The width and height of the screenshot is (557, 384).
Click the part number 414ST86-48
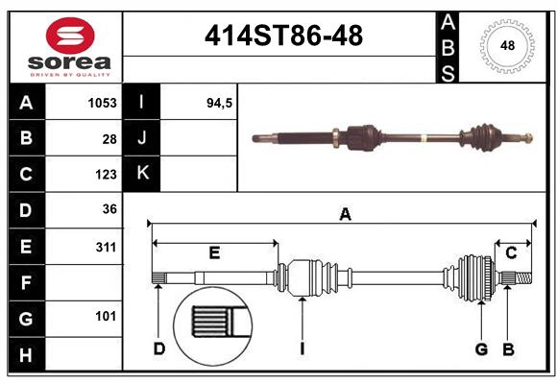283,36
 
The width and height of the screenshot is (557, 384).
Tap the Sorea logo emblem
70,36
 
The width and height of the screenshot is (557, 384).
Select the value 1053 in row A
101,103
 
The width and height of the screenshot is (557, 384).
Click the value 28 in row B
109,138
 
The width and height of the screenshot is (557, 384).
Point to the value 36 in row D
109,209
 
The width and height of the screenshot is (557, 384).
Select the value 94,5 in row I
220,103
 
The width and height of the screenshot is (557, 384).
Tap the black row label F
26,282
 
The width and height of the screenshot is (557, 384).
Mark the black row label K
142,174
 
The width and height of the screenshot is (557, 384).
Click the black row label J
142,138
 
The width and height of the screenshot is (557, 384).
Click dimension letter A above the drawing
345,215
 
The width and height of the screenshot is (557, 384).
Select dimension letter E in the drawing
214,253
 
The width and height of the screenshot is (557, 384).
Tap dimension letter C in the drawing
511,252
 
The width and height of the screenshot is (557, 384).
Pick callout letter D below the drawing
159,348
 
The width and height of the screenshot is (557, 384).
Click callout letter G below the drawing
481,348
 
